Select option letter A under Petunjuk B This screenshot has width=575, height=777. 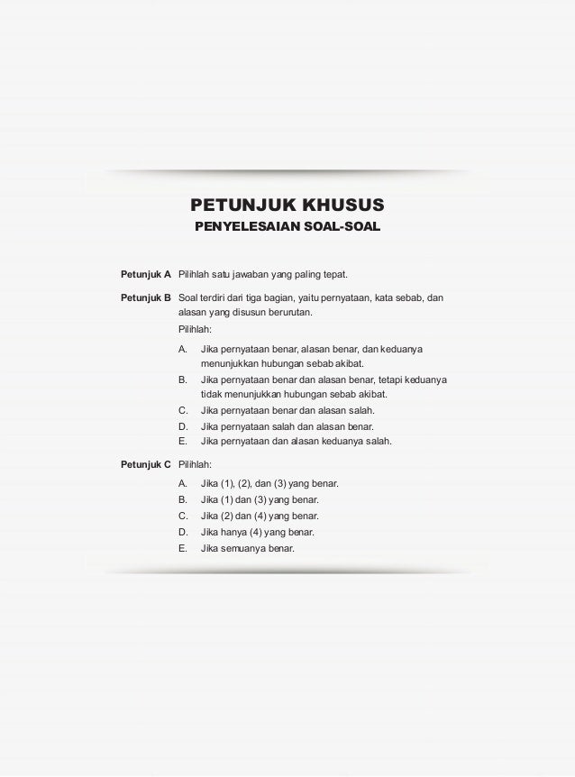pos(183,347)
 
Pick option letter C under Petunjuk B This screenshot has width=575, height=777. pos(183,410)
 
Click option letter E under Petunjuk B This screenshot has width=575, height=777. pos(183,442)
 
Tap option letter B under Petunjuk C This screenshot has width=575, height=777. pos(183,499)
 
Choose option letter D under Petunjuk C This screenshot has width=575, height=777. pos(183,532)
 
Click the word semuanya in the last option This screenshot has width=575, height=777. pos(244,548)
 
